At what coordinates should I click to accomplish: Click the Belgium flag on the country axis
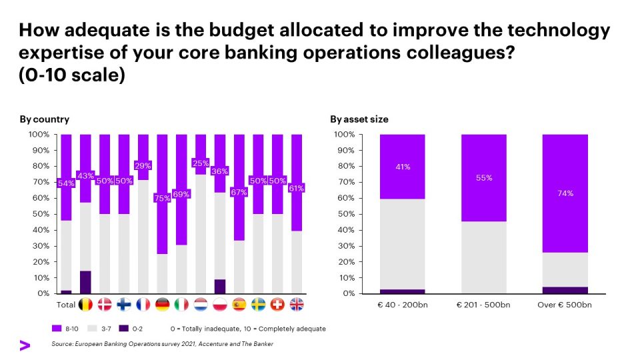click(85, 305)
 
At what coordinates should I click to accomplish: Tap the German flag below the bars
click(162, 305)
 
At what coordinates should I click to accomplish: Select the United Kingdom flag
click(297, 305)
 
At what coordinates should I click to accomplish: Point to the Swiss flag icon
click(277, 305)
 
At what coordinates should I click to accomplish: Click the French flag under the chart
click(143, 305)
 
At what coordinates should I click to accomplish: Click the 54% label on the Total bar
click(66, 183)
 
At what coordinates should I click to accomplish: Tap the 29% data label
click(143, 165)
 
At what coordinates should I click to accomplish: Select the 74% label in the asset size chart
click(566, 193)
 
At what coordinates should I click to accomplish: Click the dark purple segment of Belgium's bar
click(85, 282)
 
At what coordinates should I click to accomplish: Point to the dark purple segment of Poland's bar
click(220, 286)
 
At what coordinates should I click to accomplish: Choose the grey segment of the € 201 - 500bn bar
click(484, 258)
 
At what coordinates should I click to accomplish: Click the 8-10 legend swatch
click(57, 329)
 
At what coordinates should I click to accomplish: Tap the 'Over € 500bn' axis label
click(566, 305)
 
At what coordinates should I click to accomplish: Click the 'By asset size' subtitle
click(359, 119)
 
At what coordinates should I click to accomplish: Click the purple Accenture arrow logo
click(25, 345)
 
